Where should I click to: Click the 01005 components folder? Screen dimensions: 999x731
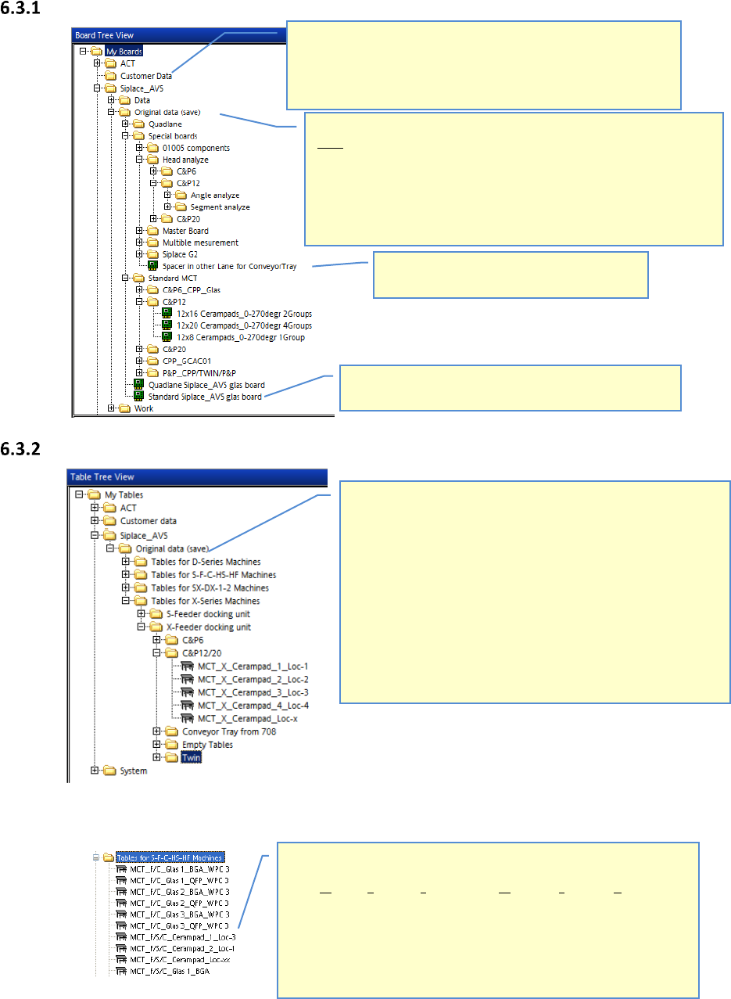[195, 148]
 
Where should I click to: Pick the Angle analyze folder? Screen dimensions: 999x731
[214, 195]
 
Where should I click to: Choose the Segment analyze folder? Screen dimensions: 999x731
[220, 207]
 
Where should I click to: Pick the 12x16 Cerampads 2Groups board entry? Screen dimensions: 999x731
[244, 314]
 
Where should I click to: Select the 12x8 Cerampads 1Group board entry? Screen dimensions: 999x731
[240, 337]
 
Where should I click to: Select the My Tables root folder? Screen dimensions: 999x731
[124, 494]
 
